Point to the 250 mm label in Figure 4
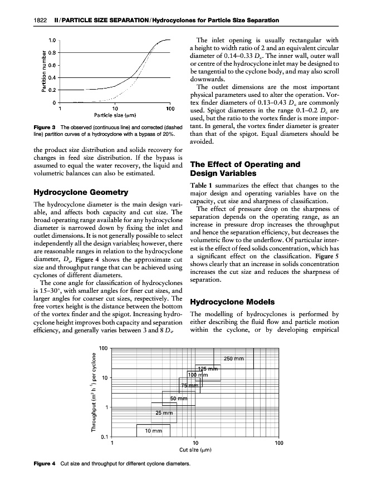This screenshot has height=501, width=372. pyautogui.click(x=234, y=358)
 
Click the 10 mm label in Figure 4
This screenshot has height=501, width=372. pyautogui.click(x=153, y=430)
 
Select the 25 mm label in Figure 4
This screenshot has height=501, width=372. pyautogui.click(x=164, y=412)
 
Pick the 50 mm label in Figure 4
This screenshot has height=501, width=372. pyautogui.click(x=178, y=398)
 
